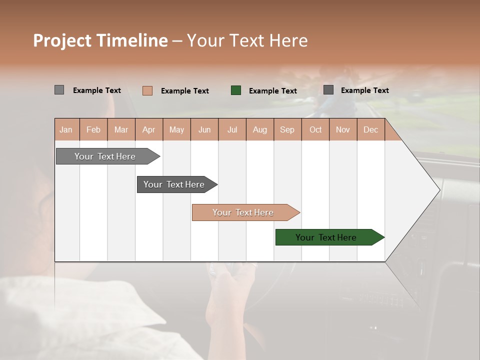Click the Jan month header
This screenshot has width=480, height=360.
[x=66, y=129]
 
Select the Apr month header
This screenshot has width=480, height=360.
[x=148, y=129]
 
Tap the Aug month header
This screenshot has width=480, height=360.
[x=259, y=129]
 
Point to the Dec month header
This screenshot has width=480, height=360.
[x=370, y=129]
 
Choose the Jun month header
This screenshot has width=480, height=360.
[x=204, y=129]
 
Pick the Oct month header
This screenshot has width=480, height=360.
[x=315, y=129]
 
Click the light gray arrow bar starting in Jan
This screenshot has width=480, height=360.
[x=105, y=156]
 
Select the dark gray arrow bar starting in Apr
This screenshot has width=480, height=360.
[x=174, y=184]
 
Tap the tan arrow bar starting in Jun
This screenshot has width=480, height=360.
[x=243, y=212]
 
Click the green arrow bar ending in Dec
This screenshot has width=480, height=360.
[x=326, y=237]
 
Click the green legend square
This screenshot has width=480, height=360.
[x=236, y=90]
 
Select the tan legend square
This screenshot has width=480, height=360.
[x=147, y=90]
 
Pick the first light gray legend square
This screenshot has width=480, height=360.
[x=59, y=90]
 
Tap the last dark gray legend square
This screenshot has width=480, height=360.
[x=328, y=90]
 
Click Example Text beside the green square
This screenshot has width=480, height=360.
[x=272, y=91]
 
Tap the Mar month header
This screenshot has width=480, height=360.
[x=121, y=129]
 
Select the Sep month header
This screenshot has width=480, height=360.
[x=287, y=129]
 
